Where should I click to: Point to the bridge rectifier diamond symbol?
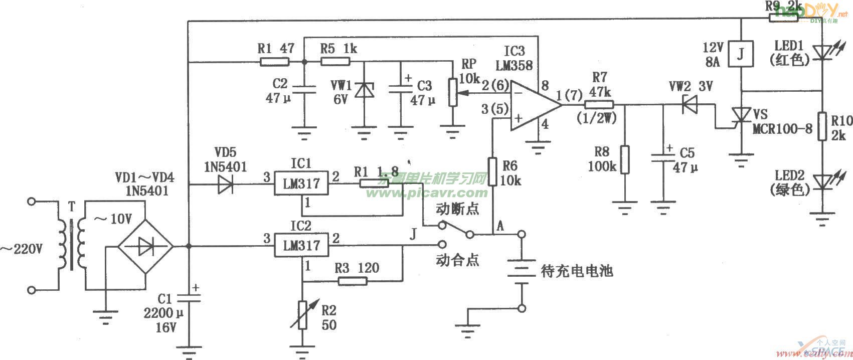[145, 246]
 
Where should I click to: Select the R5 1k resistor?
[335, 62]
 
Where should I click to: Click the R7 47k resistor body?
[599, 105]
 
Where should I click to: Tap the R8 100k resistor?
[624, 159]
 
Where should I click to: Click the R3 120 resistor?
[352, 281]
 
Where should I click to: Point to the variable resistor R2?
[302, 315]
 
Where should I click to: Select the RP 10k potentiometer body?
[453, 92]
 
